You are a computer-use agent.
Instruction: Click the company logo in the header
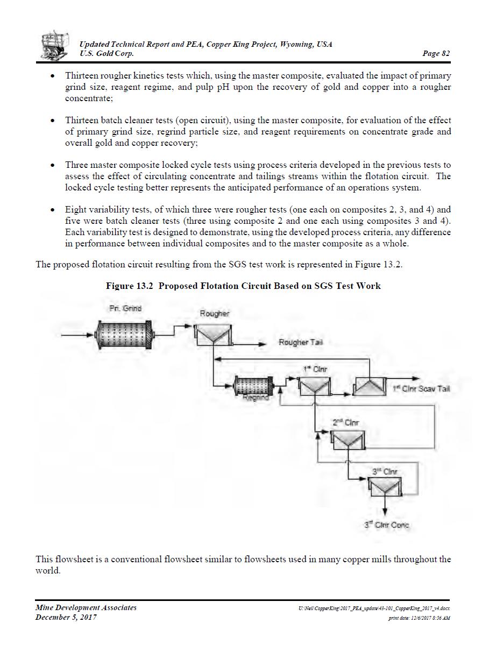click(x=55, y=46)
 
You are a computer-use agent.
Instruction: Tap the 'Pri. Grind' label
click(x=125, y=308)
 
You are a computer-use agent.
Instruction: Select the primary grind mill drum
click(x=124, y=335)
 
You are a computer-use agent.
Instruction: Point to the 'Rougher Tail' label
click(x=301, y=343)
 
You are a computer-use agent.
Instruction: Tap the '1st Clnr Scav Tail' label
click(x=421, y=388)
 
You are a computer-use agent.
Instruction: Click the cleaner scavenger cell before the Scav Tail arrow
click(x=369, y=386)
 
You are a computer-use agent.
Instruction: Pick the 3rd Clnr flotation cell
click(x=385, y=487)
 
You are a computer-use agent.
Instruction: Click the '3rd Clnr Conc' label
click(x=387, y=525)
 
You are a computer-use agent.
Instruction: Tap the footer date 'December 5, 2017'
click(x=66, y=617)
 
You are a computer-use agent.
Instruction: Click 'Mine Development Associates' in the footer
click(x=86, y=607)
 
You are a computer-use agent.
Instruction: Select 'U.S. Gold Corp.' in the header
click(x=107, y=53)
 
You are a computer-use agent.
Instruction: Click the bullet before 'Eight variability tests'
click(x=52, y=210)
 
